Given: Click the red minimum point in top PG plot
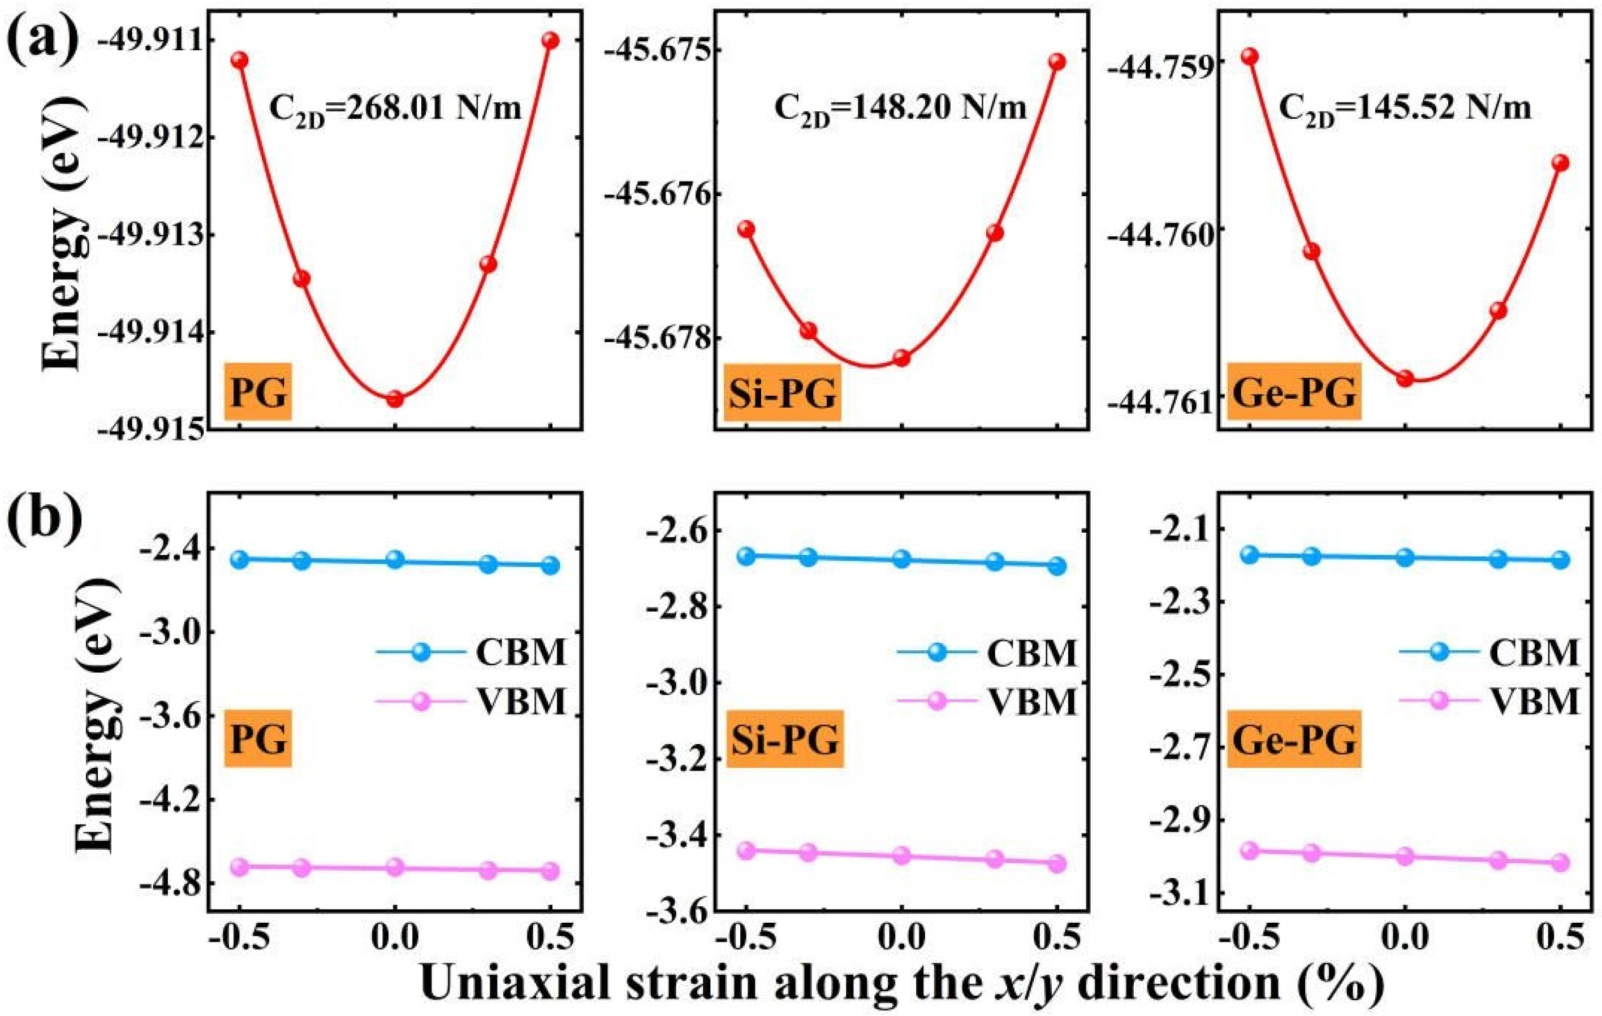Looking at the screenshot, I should (395, 399).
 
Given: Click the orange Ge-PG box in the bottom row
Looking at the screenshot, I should (1294, 739).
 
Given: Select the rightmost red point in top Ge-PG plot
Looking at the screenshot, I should (1561, 163).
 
